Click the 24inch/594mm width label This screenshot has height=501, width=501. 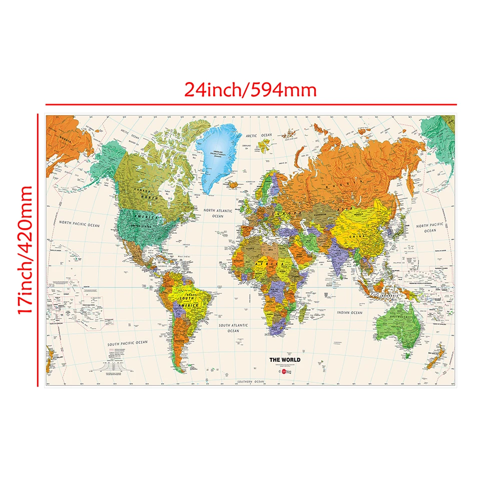pos(251,90)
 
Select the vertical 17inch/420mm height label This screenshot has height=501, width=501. pos(25,250)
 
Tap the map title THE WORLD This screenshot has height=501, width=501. pos(285,359)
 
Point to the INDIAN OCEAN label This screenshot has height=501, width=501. pos(349,313)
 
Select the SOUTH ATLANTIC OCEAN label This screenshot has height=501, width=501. pos(233,328)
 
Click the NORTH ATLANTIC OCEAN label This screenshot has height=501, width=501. pos(218,213)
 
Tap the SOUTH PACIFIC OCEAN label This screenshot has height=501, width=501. pos(128,343)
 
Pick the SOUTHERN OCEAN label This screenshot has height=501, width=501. pos(251,381)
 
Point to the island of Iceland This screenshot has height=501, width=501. pos(232,184)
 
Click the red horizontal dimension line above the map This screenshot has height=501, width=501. pos(251,105)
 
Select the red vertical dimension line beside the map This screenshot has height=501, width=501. pos(38,250)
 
